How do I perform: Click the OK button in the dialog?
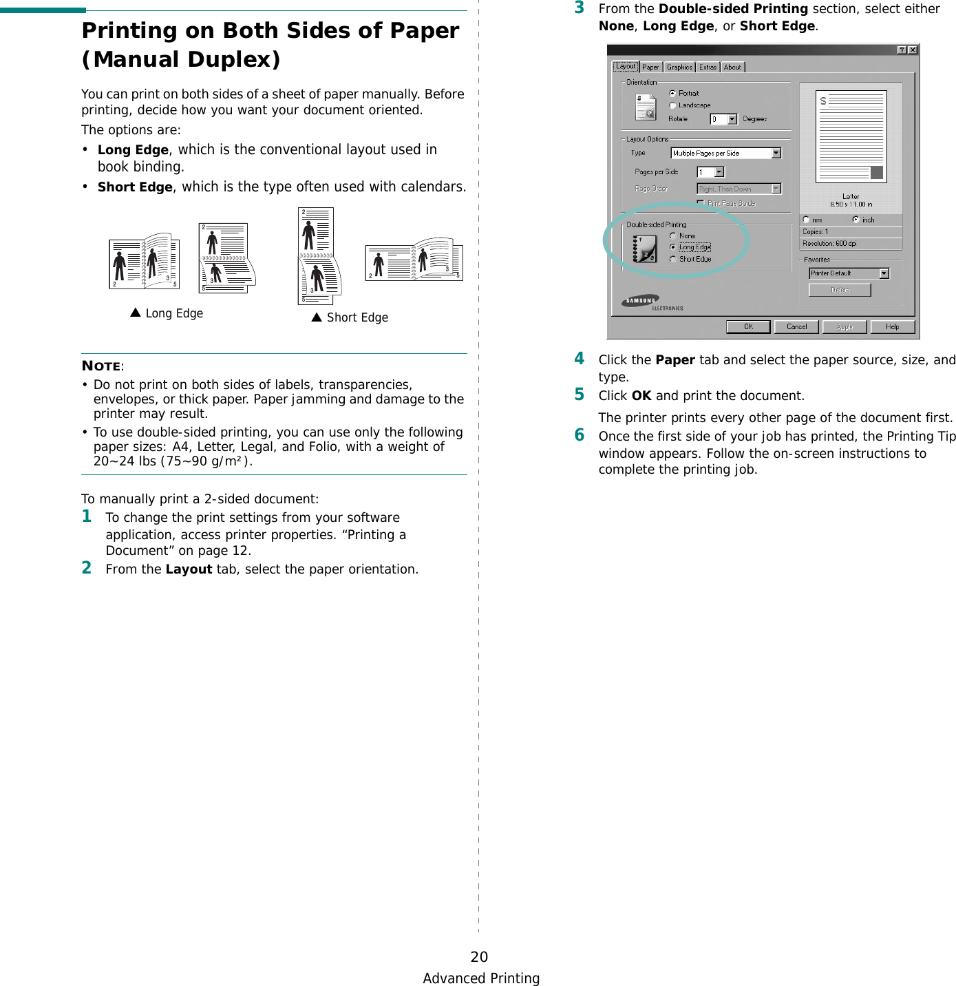tap(748, 327)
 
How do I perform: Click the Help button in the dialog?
tap(892, 327)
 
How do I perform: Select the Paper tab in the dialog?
tap(650, 67)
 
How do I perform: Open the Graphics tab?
tap(679, 67)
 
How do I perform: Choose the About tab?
tap(732, 67)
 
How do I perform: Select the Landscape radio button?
tap(672, 105)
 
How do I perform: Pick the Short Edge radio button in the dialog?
tap(672, 259)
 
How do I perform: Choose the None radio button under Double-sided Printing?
tap(672, 235)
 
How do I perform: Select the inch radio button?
tap(856, 220)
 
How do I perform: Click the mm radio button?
tap(806, 220)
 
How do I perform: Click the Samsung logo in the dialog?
tap(641, 301)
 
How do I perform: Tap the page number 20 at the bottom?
tap(479, 956)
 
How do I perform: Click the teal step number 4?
tap(580, 358)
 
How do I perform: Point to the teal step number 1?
tap(87, 516)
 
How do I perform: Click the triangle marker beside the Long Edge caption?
tap(136, 313)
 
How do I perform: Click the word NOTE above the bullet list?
tap(101, 366)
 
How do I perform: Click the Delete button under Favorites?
tap(840, 290)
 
